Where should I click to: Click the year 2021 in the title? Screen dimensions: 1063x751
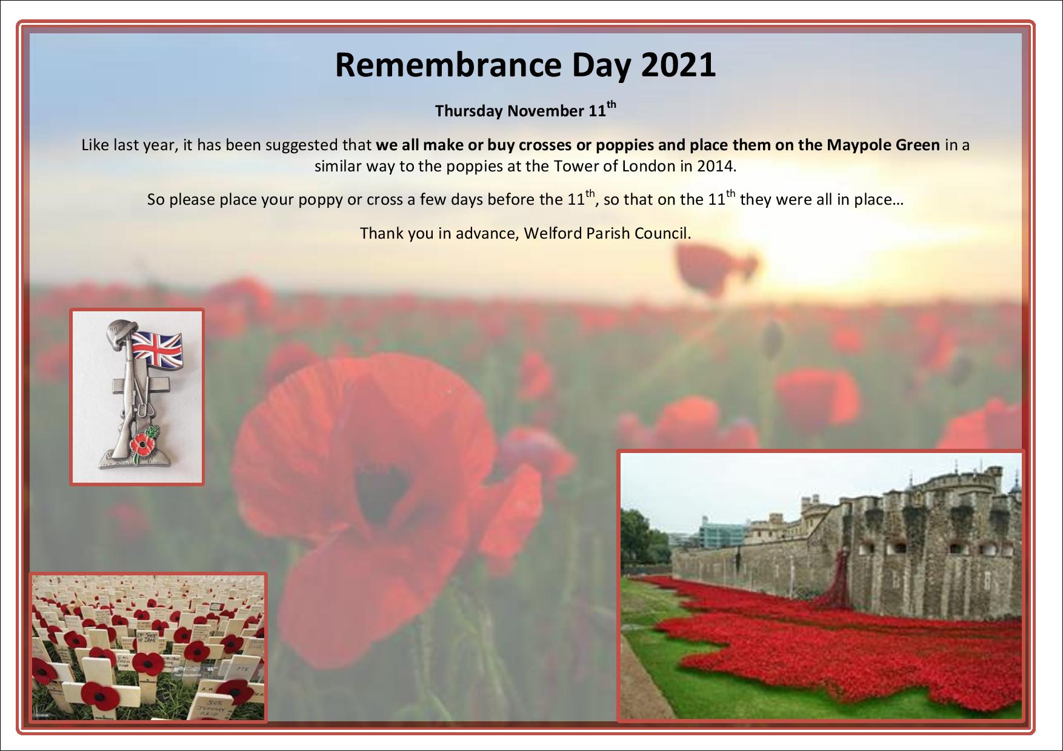pyautogui.click(x=678, y=65)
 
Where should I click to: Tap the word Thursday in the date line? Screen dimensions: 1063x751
pyautogui.click(x=468, y=111)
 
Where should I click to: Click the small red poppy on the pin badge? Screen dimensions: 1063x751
pyautogui.click(x=142, y=445)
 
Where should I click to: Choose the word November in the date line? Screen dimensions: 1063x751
pyautogui.click(x=545, y=111)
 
